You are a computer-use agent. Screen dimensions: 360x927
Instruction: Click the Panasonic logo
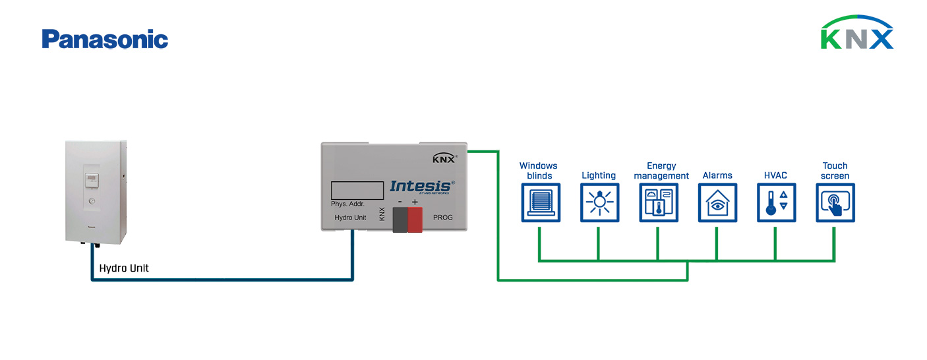click(x=105, y=40)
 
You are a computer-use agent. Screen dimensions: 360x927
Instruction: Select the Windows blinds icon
click(x=541, y=202)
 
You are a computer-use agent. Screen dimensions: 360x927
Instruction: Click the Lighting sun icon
click(x=599, y=202)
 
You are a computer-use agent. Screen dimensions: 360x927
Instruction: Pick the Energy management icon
click(x=658, y=202)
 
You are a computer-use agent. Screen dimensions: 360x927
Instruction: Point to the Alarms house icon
click(x=717, y=202)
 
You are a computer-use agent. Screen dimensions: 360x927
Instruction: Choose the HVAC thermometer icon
click(x=776, y=202)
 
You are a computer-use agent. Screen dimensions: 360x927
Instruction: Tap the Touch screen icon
click(x=835, y=202)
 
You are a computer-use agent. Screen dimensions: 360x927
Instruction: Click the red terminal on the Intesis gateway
click(x=415, y=219)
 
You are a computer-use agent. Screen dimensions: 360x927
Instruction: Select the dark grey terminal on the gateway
click(x=400, y=219)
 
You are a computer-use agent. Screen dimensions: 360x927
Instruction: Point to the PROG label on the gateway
click(x=442, y=217)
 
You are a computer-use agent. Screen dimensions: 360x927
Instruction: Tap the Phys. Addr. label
click(x=347, y=204)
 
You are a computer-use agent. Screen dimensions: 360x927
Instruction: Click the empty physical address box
click(x=357, y=190)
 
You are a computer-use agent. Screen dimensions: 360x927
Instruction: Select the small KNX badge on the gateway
click(x=444, y=158)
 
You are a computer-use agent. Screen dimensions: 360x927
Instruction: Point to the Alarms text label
click(x=717, y=175)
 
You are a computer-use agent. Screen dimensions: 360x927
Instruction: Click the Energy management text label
click(x=661, y=171)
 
